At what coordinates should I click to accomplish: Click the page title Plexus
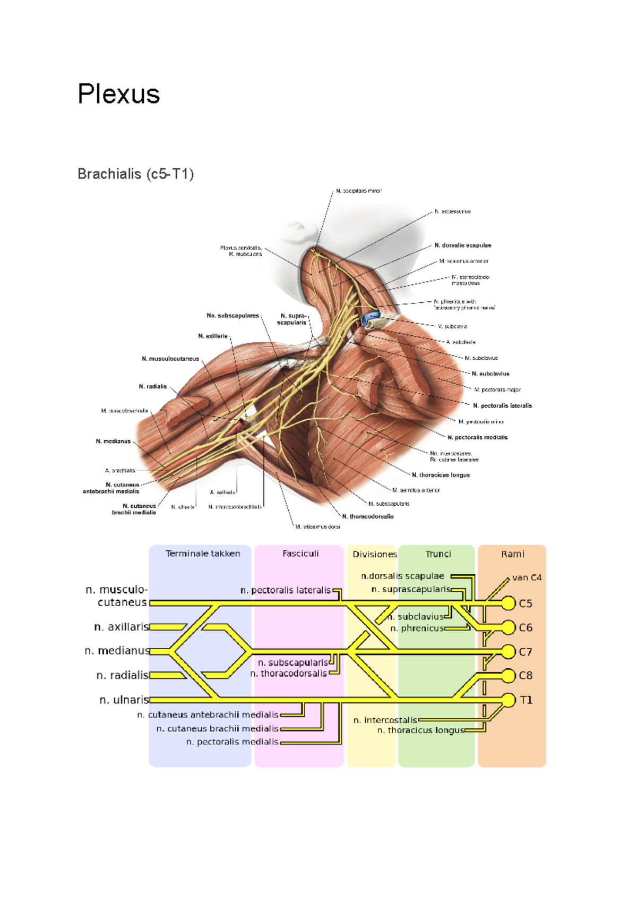pos(118,94)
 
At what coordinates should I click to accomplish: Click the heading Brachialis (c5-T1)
pos(135,174)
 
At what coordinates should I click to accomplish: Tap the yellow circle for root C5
pos(509,603)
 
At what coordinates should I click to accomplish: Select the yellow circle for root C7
pos(509,651)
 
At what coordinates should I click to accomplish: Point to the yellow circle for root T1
pos(509,700)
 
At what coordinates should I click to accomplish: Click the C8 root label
pos(526,676)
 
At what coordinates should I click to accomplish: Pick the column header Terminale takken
pos(203,554)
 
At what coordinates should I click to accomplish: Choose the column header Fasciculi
pos(300,554)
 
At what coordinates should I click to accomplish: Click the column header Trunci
pos(438,554)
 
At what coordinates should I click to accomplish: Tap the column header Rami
pos(512,554)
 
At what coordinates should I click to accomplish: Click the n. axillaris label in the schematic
pos(122,627)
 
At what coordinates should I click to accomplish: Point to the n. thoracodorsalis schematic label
pos(289,674)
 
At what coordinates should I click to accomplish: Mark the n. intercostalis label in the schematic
pos(385,720)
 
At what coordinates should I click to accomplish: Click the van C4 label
pos(527,577)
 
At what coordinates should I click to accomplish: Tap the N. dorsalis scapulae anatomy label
pos(463,245)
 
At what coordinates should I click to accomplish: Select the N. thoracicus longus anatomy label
pos(441,475)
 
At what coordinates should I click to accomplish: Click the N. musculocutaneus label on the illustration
pos(170,359)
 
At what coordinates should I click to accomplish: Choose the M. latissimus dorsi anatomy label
pos(317,526)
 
